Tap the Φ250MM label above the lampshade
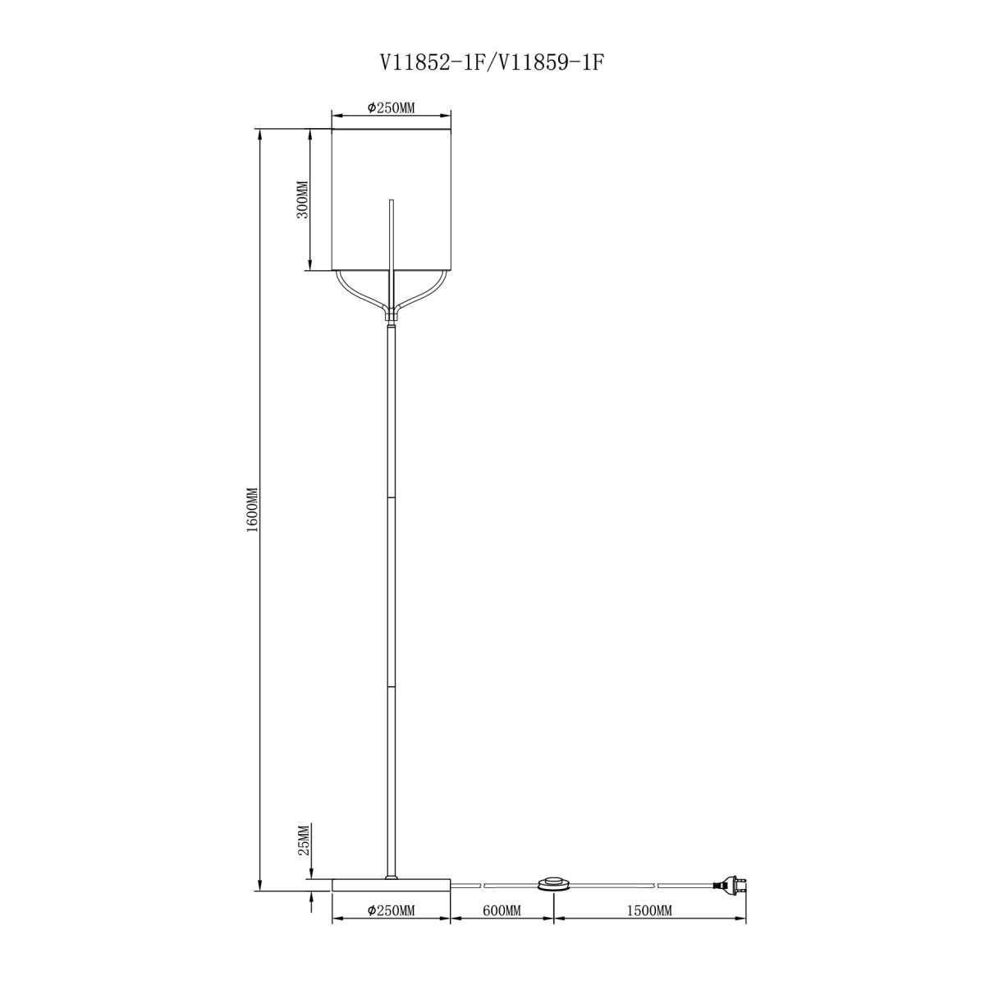[x=391, y=108]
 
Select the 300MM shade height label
[x=303, y=199]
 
